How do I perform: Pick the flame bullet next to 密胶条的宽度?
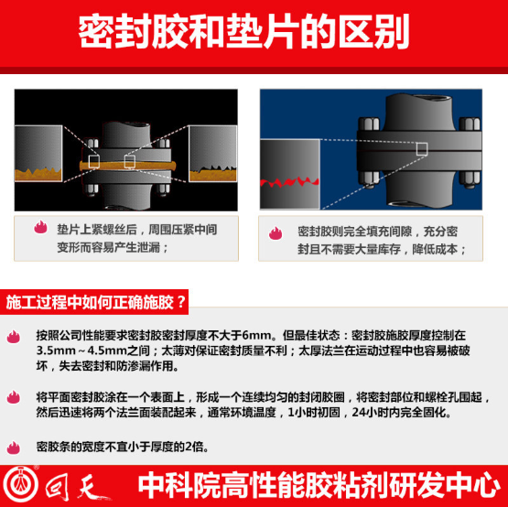click(14, 448)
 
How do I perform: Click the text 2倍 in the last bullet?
click(196, 448)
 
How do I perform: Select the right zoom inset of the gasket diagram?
click(218, 154)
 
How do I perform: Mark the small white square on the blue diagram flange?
click(422, 147)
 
